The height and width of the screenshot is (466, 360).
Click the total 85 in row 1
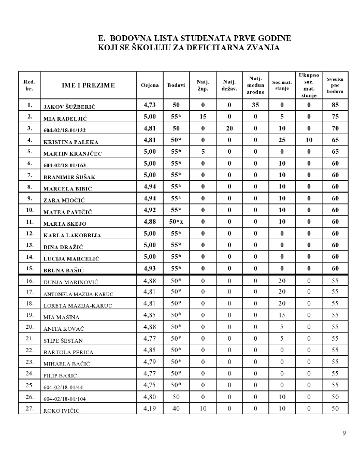pyautogui.click(x=335, y=105)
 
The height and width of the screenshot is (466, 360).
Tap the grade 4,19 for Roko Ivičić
pyautogui.click(x=149, y=409)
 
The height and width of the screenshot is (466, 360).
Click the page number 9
pyautogui.click(x=344, y=433)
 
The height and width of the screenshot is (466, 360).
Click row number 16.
pyautogui.click(x=30, y=281)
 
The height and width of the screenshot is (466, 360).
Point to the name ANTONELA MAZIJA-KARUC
pyautogui.click(x=78, y=294)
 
